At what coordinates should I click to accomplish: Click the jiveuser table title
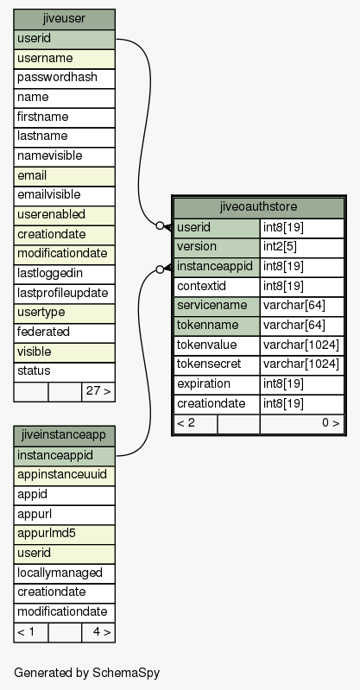click(x=64, y=19)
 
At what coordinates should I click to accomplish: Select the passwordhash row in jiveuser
click(x=64, y=79)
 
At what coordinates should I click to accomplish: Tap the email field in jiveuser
click(x=64, y=176)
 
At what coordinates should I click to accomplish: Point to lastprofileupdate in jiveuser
click(x=64, y=294)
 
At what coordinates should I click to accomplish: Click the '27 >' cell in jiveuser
click(x=98, y=392)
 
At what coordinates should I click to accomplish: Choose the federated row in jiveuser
click(x=64, y=332)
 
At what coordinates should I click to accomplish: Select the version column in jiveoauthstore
click(x=217, y=247)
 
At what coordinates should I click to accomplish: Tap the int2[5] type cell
click(x=302, y=247)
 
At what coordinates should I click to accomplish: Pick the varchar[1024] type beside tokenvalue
click(x=302, y=345)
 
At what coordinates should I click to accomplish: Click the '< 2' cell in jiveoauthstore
click(x=195, y=424)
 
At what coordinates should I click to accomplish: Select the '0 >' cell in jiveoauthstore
click(x=302, y=424)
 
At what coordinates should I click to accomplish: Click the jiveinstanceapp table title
click(x=64, y=435)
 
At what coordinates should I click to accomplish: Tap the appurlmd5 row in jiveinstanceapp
click(x=64, y=534)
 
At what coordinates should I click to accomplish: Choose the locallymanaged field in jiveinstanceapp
click(x=64, y=573)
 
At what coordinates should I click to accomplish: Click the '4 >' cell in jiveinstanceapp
click(x=98, y=632)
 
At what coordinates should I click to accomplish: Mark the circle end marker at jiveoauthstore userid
click(x=160, y=225)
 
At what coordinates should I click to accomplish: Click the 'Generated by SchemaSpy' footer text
click(x=86, y=673)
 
